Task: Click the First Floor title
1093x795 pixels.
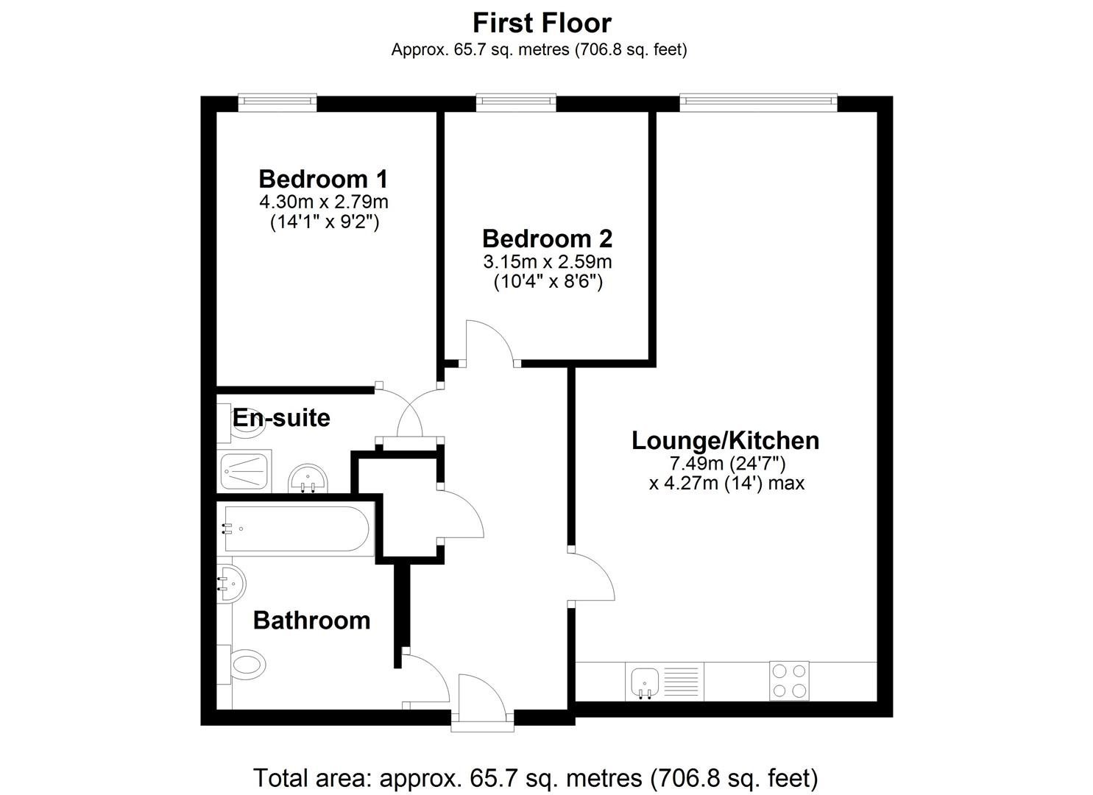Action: pos(542,23)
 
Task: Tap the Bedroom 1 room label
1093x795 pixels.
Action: pos(323,179)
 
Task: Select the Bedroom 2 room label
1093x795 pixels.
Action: pos(547,239)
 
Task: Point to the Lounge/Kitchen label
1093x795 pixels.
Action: pos(725,441)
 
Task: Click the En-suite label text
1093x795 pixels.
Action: pos(281,418)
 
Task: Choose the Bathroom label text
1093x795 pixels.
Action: pos(312,621)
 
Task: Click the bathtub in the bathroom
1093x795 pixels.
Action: pos(296,529)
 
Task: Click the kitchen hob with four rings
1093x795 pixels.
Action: pos(789,682)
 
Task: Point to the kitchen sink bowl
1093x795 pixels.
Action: pos(645,682)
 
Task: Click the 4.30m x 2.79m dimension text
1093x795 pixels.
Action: pos(324,202)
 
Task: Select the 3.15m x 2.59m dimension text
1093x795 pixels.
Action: pos(548,262)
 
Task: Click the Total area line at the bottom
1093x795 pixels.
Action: pos(535,778)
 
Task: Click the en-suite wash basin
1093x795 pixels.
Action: pos(308,478)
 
